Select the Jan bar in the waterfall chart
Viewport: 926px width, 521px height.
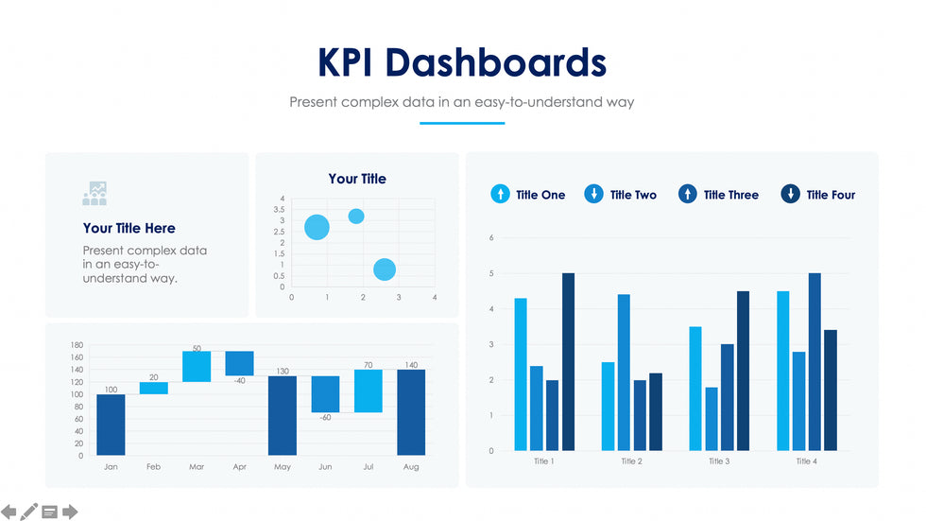[x=111, y=425]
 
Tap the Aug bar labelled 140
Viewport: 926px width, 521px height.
[x=411, y=412]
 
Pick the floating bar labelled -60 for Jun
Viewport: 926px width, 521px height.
[x=325, y=394]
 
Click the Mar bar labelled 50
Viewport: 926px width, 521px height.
[x=197, y=366]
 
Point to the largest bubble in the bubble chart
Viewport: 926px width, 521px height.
[x=317, y=227]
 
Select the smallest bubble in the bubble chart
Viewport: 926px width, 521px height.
[x=356, y=217]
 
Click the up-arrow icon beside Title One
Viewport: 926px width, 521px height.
[x=500, y=195]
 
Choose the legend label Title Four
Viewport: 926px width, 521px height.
[x=831, y=195]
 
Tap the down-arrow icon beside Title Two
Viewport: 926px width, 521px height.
[x=593, y=195]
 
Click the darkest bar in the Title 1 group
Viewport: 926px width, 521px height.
[x=568, y=361]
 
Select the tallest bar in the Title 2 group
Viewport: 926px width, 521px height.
[x=624, y=372]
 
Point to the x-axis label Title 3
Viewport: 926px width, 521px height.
[x=719, y=461]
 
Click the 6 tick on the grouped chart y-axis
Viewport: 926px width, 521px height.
[x=491, y=237]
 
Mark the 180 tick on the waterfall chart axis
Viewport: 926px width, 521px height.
[x=77, y=345]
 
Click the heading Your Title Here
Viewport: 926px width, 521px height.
[x=129, y=228]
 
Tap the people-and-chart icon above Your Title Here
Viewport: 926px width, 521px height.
[x=94, y=194]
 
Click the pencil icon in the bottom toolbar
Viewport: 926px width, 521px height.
[x=30, y=512]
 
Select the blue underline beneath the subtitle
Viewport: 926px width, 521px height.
[x=462, y=123]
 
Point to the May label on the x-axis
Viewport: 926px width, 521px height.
[x=282, y=467]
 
